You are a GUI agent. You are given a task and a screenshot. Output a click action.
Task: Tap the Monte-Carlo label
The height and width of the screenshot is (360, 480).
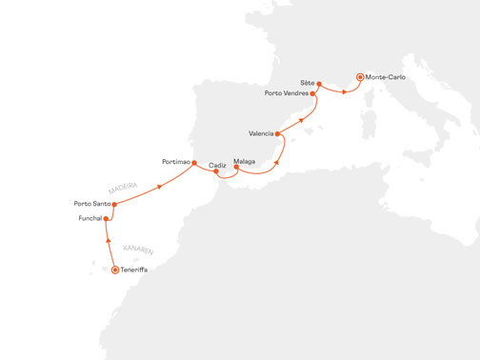[385, 76]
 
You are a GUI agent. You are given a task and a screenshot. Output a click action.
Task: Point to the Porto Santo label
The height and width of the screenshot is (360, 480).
[91, 204]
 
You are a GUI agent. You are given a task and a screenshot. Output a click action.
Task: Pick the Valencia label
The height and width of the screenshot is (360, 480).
[260, 132]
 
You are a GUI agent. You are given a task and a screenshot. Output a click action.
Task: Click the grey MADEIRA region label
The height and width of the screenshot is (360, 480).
[125, 187]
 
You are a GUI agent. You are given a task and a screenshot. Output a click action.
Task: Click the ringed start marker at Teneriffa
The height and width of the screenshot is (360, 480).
[115, 270]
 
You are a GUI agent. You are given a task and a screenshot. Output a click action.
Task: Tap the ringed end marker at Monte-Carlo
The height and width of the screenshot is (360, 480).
[360, 76]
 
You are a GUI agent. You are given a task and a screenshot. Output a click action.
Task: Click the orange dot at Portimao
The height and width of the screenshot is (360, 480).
[195, 163]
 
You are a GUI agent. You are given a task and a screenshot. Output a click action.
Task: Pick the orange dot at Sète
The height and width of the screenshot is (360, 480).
[318, 85]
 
